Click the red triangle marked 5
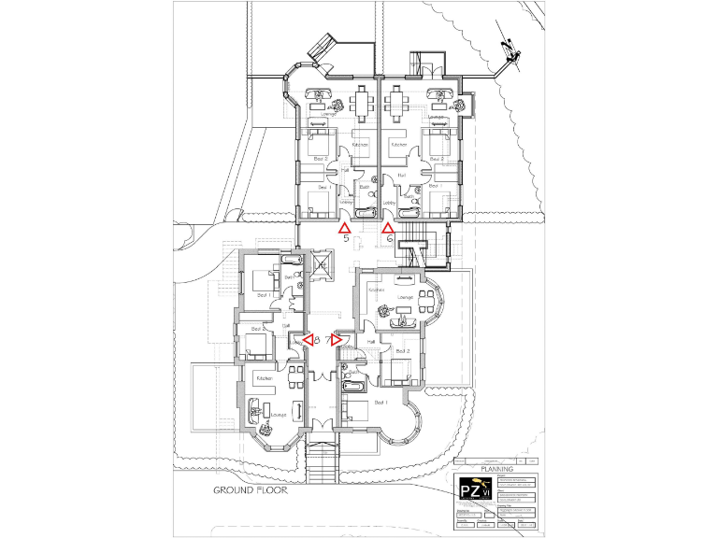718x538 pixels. coord(344,227)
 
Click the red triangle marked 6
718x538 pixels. coord(388,227)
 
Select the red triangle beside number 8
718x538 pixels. coord(307,340)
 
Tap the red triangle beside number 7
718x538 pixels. coord(337,340)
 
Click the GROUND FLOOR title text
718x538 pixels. coord(250,489)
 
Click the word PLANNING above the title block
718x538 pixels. coord(496,470)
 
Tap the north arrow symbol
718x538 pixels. coord(510,52)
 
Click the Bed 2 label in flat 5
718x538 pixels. coord(321,159)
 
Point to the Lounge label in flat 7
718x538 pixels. coord(405,297)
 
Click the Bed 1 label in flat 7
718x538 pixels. coord(380,402)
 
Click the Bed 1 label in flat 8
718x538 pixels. coord(265,295)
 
